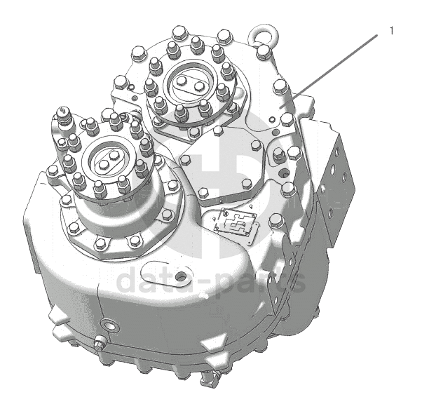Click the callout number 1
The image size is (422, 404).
[392, 31]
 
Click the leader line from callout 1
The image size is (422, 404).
[328, 72]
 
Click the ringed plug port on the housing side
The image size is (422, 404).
[109, 325]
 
